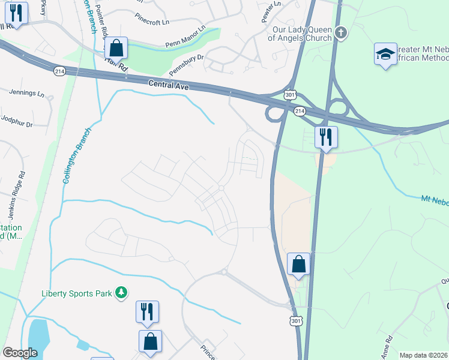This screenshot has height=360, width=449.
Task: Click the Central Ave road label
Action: [x=169, y=87]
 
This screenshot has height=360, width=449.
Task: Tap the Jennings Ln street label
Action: [x=27, y=94]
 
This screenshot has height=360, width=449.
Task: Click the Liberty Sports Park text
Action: [x=77, y=293]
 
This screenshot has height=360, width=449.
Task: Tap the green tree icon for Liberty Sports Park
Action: [x=121, y=293]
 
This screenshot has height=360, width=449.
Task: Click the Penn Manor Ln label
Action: [x=185, y=37]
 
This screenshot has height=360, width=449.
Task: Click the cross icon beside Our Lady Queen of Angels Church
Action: [x=341, y=32]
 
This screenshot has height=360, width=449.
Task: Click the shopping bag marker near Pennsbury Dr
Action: [x=116, y=47]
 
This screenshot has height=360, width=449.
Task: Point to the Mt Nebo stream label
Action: [x=434, y=200]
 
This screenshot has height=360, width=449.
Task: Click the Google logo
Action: [x=20, y=352]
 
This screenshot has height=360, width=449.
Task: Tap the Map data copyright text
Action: [x=423, y=355]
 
